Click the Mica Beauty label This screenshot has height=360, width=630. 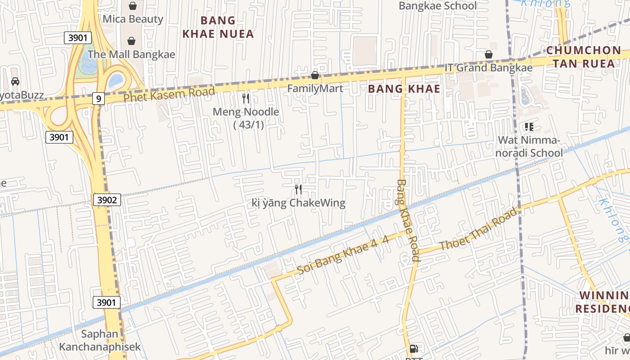coord(133,19)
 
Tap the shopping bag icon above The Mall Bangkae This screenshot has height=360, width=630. coord(131,41)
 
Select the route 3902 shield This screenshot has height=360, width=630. coord(107,199)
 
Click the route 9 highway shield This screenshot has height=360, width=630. coord(98,98)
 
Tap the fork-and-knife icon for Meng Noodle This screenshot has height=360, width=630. coord(246,98)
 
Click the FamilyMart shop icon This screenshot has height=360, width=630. coord(315,75)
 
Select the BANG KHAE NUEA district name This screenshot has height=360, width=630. coord(218,27)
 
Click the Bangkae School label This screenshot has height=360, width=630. coord(437,6)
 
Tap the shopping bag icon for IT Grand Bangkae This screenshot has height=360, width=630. coord(488,55)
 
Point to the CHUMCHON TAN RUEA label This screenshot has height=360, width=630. coord(584,57)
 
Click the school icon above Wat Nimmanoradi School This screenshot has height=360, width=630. coord(529,127)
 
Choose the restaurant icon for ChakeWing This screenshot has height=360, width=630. coord(298,189)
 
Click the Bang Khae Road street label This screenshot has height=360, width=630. coord(408,220)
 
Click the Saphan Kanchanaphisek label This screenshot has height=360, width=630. coord(100,341)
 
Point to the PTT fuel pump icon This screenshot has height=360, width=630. coord(414,349)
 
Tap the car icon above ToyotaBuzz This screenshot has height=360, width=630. coord(15,81)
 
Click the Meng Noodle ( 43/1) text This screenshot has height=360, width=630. coord(246,118)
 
